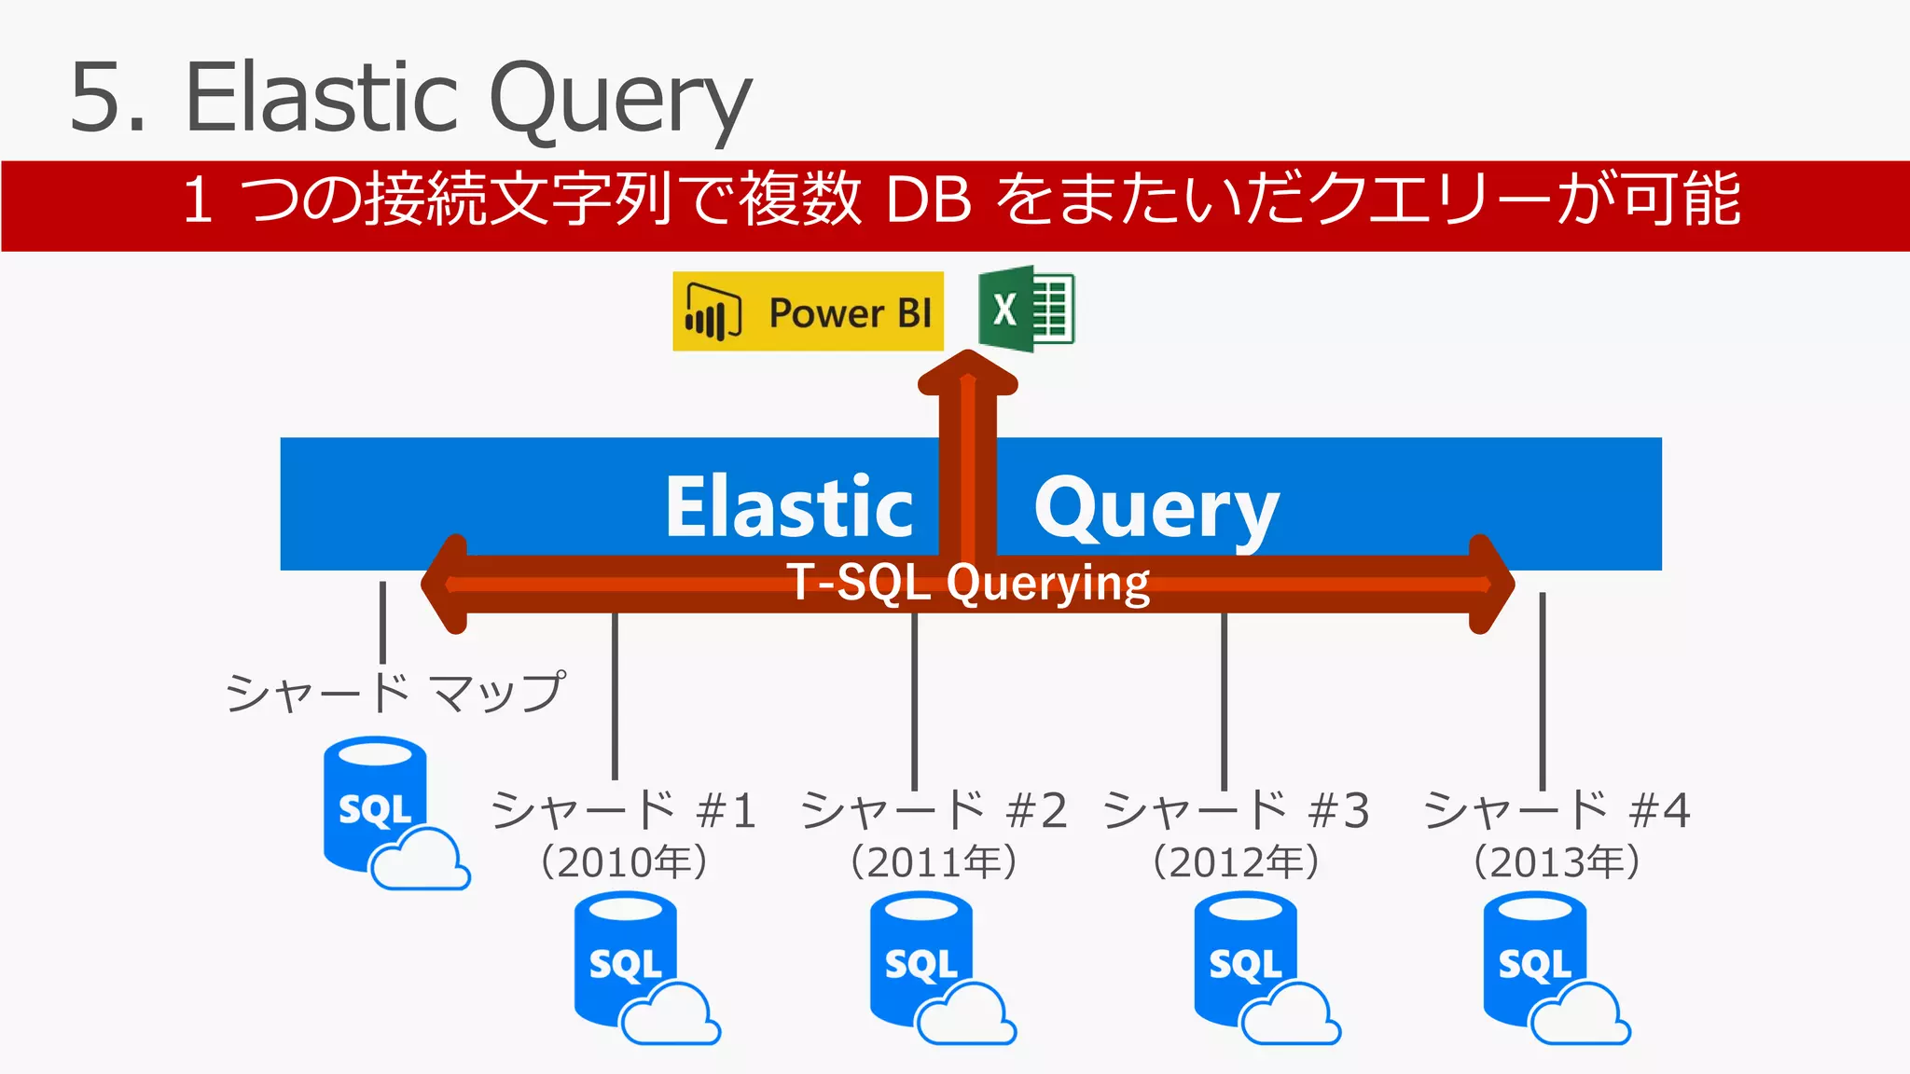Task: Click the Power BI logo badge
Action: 808,311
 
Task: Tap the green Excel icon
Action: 1026,309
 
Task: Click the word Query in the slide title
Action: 619,99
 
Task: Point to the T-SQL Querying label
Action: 968,583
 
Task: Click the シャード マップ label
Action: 395,693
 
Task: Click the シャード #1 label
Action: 623,809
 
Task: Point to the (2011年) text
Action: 933,861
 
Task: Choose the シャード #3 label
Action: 1237,809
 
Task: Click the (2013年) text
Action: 1556,861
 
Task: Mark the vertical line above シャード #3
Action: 1224,699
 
